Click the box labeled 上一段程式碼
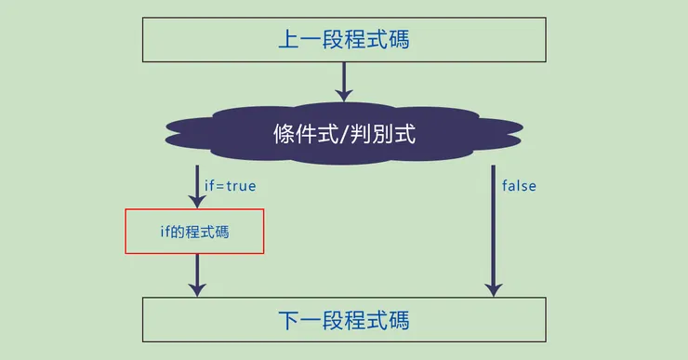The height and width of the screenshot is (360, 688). pyautogui.click(x=344, y=41)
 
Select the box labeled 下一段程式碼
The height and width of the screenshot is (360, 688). pyautogui.click(x=344, y=321)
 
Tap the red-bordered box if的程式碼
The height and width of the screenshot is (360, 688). pyautogui.click(x=195, y=231)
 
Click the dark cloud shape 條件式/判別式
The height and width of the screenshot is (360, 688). pyautogui.click(x=344, y=134)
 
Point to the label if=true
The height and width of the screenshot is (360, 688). pyautogui.click(x=230, y=186)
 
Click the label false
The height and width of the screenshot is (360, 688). pyautogui.click(x=519, y=186)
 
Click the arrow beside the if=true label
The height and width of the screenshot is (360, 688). pyautogui.click(x=197, y=186)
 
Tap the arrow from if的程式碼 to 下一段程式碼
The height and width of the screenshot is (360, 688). pyautogui.click(x=197, y=275)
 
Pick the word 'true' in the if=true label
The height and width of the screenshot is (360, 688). pyautogui.click(x=241, y=186)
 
